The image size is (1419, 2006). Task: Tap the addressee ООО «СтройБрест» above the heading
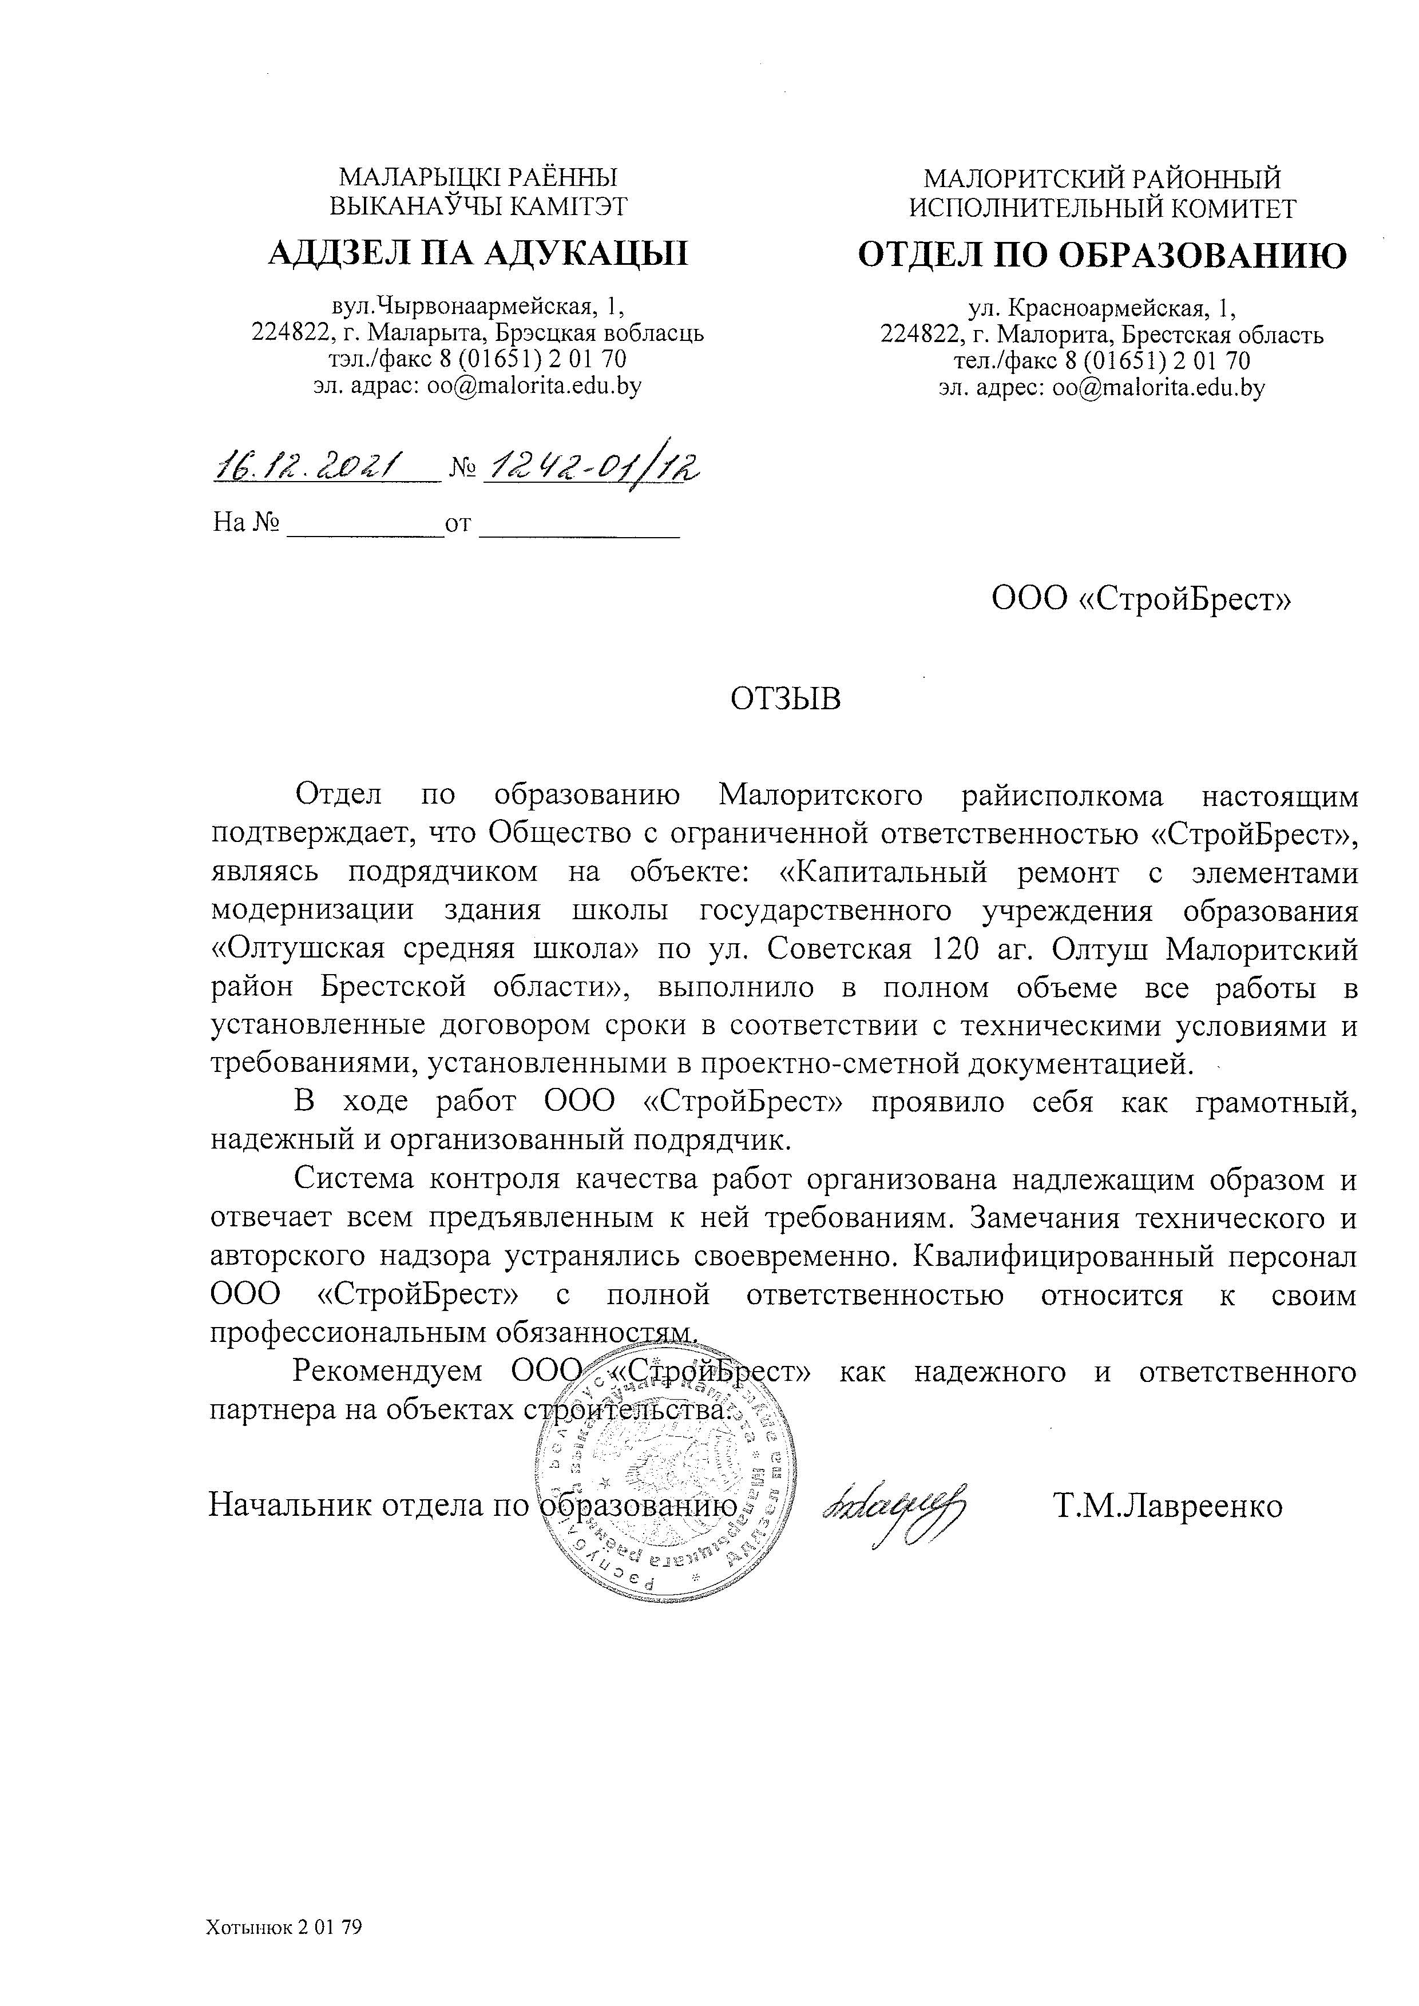coord(1141,599)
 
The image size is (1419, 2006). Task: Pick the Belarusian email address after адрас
coord(534,386)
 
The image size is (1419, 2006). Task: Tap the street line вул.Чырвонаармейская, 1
coord(478,306)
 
